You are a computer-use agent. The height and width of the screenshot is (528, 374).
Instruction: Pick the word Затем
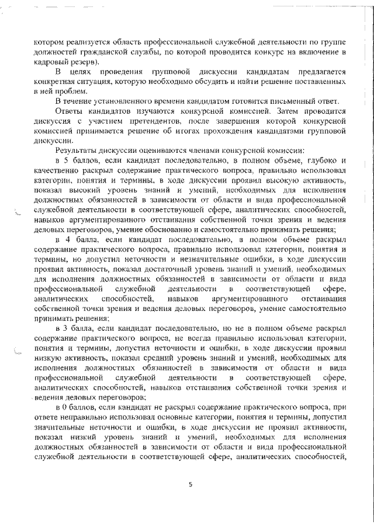[264, 111]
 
